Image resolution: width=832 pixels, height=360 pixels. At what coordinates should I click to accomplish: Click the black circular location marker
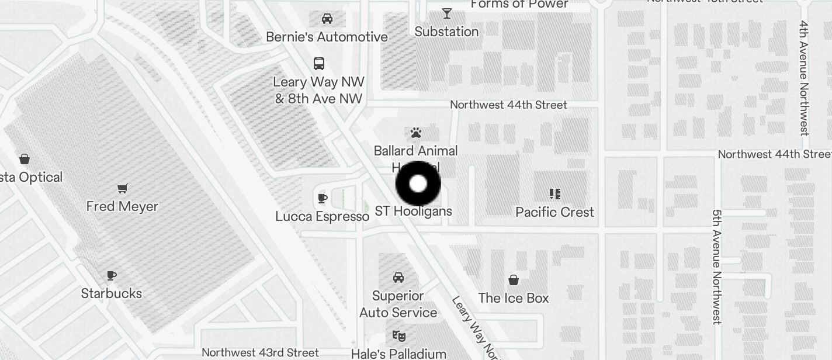click(x=418, y=184)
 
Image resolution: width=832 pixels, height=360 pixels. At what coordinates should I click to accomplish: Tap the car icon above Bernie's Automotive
click(x=327, y=19)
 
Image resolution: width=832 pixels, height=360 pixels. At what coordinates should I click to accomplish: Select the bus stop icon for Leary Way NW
click(x=319, y=63)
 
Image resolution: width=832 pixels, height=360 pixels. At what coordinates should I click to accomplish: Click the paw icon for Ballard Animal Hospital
click(x=416, y=133)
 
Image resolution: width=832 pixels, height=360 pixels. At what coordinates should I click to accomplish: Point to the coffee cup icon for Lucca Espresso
click(x=322, y=198)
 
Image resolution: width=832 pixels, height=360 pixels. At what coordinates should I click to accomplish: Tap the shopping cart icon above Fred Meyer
click(x=123, y=188)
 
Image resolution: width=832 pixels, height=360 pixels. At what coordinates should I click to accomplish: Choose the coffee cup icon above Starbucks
click(x=112, y=275)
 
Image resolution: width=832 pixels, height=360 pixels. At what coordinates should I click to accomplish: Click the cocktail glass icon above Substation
click(x=447, y=13)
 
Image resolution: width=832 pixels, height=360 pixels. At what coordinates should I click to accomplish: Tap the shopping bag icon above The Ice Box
click(x=514, y=280)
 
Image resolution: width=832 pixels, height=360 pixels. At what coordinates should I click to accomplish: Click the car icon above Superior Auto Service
click(x=398, y=277)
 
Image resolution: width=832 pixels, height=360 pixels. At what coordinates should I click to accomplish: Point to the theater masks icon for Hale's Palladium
click(x=399, y=335)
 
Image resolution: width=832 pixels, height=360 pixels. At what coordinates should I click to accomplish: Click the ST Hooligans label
click(x=414, y=211)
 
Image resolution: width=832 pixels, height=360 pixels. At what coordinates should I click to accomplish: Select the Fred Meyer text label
click(x=122, y=206)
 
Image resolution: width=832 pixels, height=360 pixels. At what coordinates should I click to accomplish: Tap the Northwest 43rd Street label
click(x=260, y=352)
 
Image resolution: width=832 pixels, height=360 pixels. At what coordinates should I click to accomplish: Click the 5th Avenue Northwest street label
click(x=717, y=266)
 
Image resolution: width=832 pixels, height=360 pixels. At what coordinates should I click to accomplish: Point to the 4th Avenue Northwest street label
click(x=805, y=78)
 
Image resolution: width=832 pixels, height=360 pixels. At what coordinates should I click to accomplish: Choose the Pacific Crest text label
click(x=554, y=212)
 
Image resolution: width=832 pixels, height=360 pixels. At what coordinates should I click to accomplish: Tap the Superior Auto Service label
click(x=398, y=304)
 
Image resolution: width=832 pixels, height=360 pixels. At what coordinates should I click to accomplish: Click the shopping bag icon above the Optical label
click(x=25, y=158)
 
